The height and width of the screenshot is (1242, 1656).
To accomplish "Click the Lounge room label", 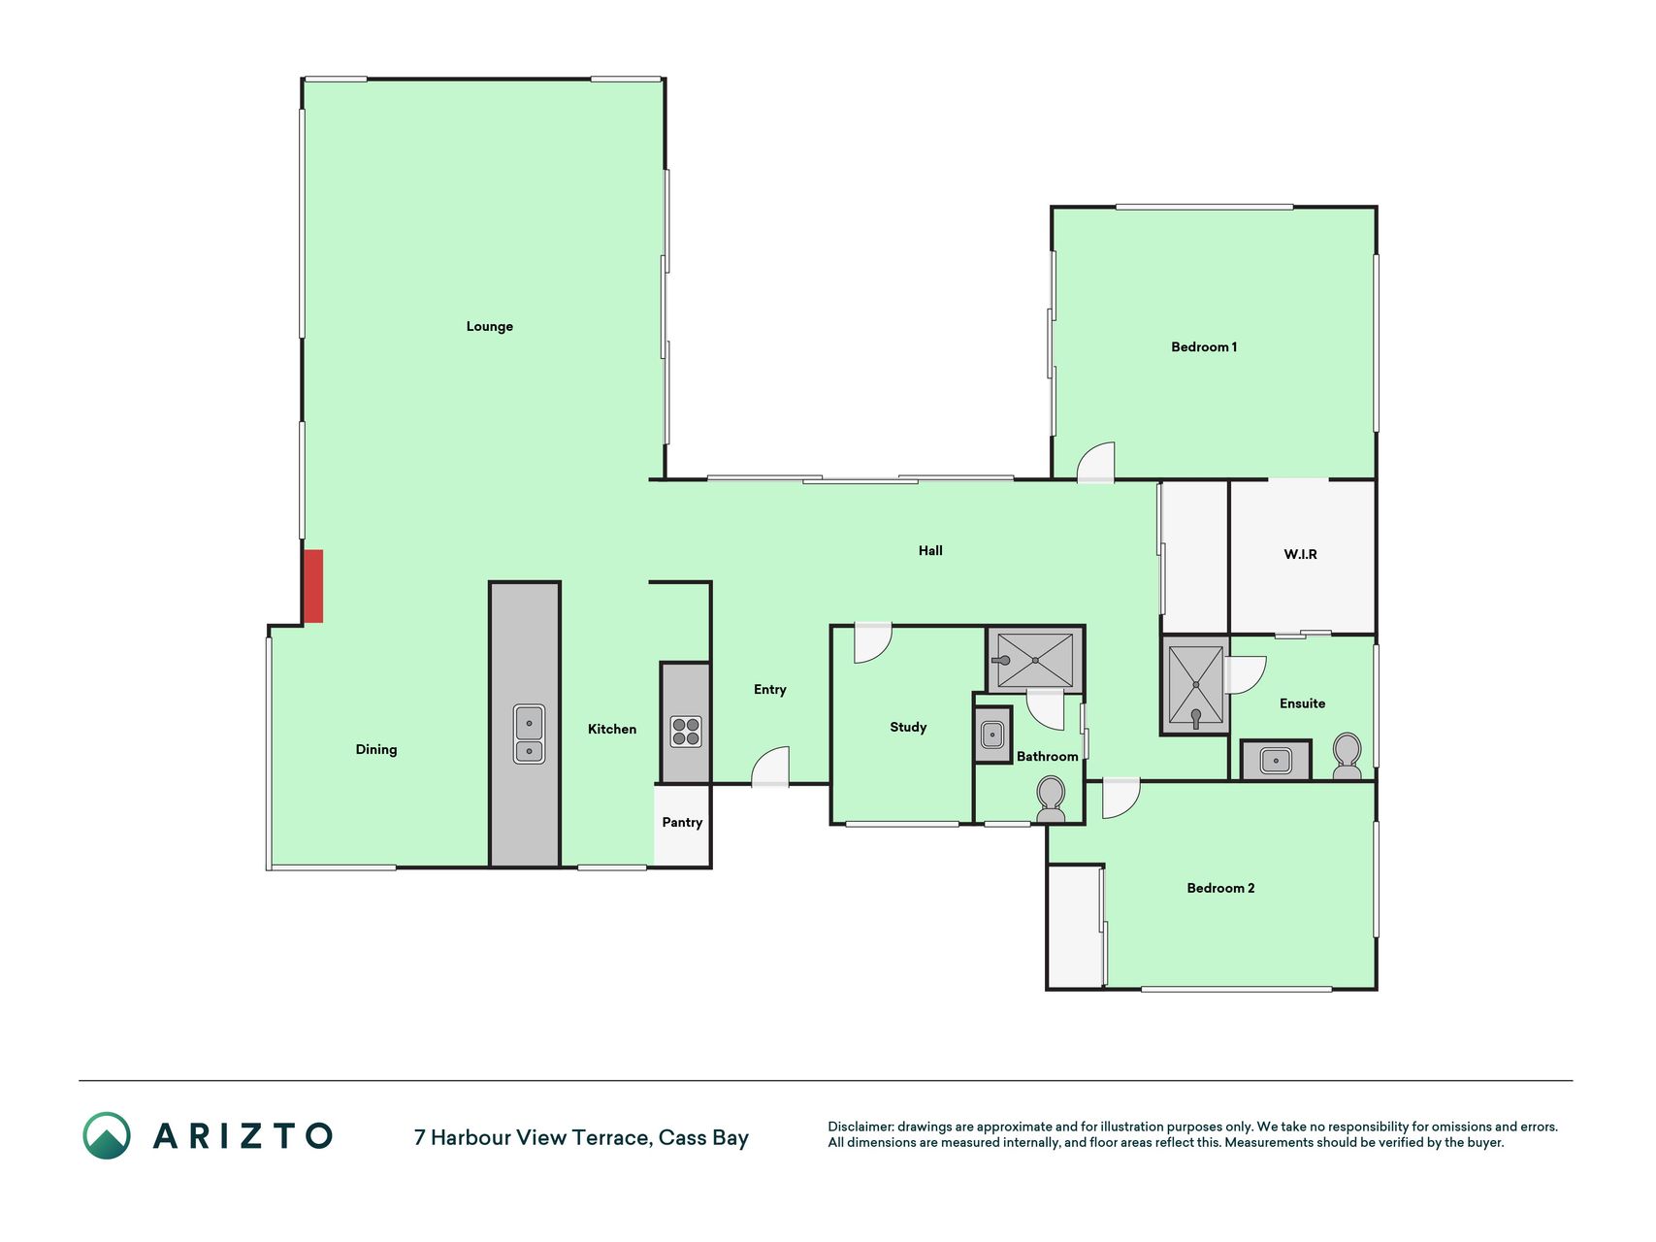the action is tap(489, 326).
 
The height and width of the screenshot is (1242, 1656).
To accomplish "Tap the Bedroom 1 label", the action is tap(1204, 346).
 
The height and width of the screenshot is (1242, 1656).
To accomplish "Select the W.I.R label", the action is tap(1300, 554).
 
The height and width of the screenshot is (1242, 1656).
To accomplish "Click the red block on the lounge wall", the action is tap(313, 586).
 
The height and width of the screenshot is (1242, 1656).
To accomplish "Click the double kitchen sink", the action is tap(529, 734).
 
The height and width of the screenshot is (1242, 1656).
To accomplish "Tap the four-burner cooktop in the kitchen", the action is tap(686, 731).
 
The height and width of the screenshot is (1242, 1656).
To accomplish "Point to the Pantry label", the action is tap(682, 822).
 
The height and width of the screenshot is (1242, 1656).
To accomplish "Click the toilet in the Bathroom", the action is tap(1051, 800).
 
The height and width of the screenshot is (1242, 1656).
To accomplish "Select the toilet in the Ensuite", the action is tap(1348, 757).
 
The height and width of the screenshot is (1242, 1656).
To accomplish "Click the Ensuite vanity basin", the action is tap(1276, 761).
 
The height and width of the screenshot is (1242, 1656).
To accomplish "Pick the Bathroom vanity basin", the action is tap(991, 735).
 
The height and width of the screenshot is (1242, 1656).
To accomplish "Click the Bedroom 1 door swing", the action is tap(1096, 462).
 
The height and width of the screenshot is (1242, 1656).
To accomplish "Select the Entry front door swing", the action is tap(770, 767).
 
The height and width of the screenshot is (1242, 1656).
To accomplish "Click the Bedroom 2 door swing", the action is tap(1121, 799).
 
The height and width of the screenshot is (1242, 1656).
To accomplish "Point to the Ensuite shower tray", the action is tap(1195, 685).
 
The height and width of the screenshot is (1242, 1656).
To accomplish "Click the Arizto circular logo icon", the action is tap(107, 1135).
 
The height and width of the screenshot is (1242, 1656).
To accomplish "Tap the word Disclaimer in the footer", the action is tap(860, 1127).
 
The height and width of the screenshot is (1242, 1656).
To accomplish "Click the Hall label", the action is tap(930, 550).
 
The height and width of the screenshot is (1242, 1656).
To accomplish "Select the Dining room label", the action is tap(376, 749).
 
